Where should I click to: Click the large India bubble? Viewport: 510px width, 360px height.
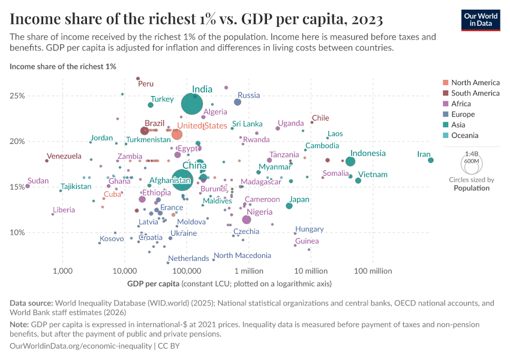pyautogui.click(x=192, y=104)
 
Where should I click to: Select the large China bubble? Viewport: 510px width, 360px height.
pyautogui.click(x=184, y=178)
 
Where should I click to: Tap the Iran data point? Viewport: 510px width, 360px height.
pyautogui.click(x=431, y=160)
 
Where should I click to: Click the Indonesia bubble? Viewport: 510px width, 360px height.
pyautogui.click(x=350, y=161)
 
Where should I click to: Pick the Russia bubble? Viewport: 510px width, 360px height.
pyautogui.click(x=238, y=102)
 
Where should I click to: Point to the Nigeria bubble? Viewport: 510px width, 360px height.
pyautogui.click(x=247, y=220)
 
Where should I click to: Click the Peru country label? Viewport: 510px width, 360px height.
pyautogui.click(x=146, y=84)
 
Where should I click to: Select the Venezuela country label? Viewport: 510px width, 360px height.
pyautogui.click(x=64, y=157)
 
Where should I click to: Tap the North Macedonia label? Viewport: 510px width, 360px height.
pyautogui.click(x=242, y=256)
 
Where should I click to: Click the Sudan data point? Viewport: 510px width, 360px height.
pyautogui.click(x=28, y=186)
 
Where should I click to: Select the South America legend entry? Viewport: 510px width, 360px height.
pyautogui.click(x=475, y=93)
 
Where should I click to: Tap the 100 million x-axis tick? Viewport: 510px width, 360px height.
pyautogui.click(x=373, y=271)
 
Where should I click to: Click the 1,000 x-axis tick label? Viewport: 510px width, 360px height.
pyautogui.click(x=62, y=271)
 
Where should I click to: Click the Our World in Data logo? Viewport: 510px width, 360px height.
pyautogui.click(x=480, y=20)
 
